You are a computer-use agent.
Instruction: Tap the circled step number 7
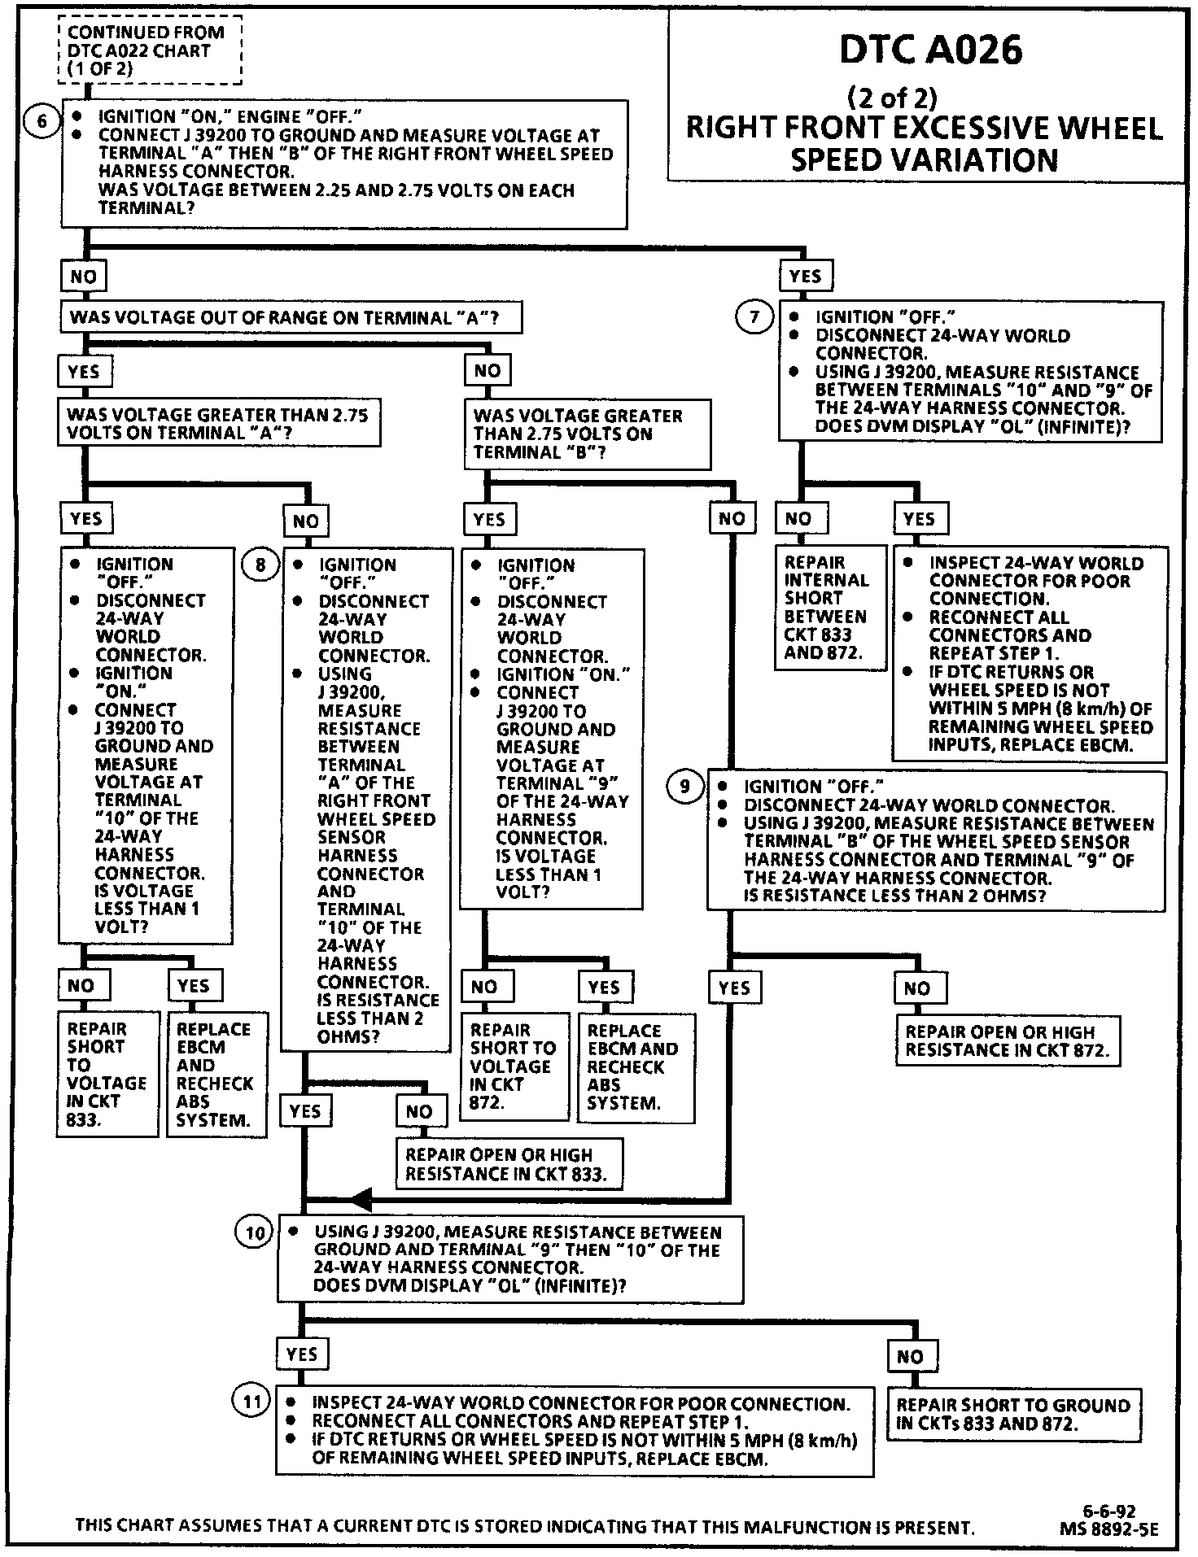pyautogui.click(x=754, y=316)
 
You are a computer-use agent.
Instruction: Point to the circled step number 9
pyautogui.click(x=684, y=786)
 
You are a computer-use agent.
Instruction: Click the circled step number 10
pyautogui.click(x=255, y=1234)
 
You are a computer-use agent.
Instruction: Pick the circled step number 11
pyautogui.click(x=252, y=1402)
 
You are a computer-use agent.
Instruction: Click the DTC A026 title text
pyautogui.click(x=930, y=50)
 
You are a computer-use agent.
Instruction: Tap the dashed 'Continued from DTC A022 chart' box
pyautogui.click(x=151, y=50)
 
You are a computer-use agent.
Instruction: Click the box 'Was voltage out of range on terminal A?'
pyautogui.click(x=291, y=317)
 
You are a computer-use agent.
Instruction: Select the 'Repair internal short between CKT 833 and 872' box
pyautogui.click(x=830, y=608)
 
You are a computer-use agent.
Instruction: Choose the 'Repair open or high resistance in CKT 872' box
pyautogui.click(x=1008, y=1040)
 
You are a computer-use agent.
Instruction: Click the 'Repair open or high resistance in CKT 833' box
pyautogui.click(x=509, y=1163)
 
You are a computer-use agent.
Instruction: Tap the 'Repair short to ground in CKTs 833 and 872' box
pyautogui.click(x=1013, y=1414)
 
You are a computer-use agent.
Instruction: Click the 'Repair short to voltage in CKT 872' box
pyautogui.click(x=514, y=1066)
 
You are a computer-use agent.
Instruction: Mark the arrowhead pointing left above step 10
pyautogui.click(x=361, y=1199)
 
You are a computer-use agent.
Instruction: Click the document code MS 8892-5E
pyautogui.click(x=1108, y=1529)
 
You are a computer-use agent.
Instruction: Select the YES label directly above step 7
pyautogui.click(x=805, y=276)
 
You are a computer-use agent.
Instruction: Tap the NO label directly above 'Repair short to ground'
pyautogui.click(x=911, y=1356)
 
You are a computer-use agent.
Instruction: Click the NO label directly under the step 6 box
pyautogui.click(x=84, y=277)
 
